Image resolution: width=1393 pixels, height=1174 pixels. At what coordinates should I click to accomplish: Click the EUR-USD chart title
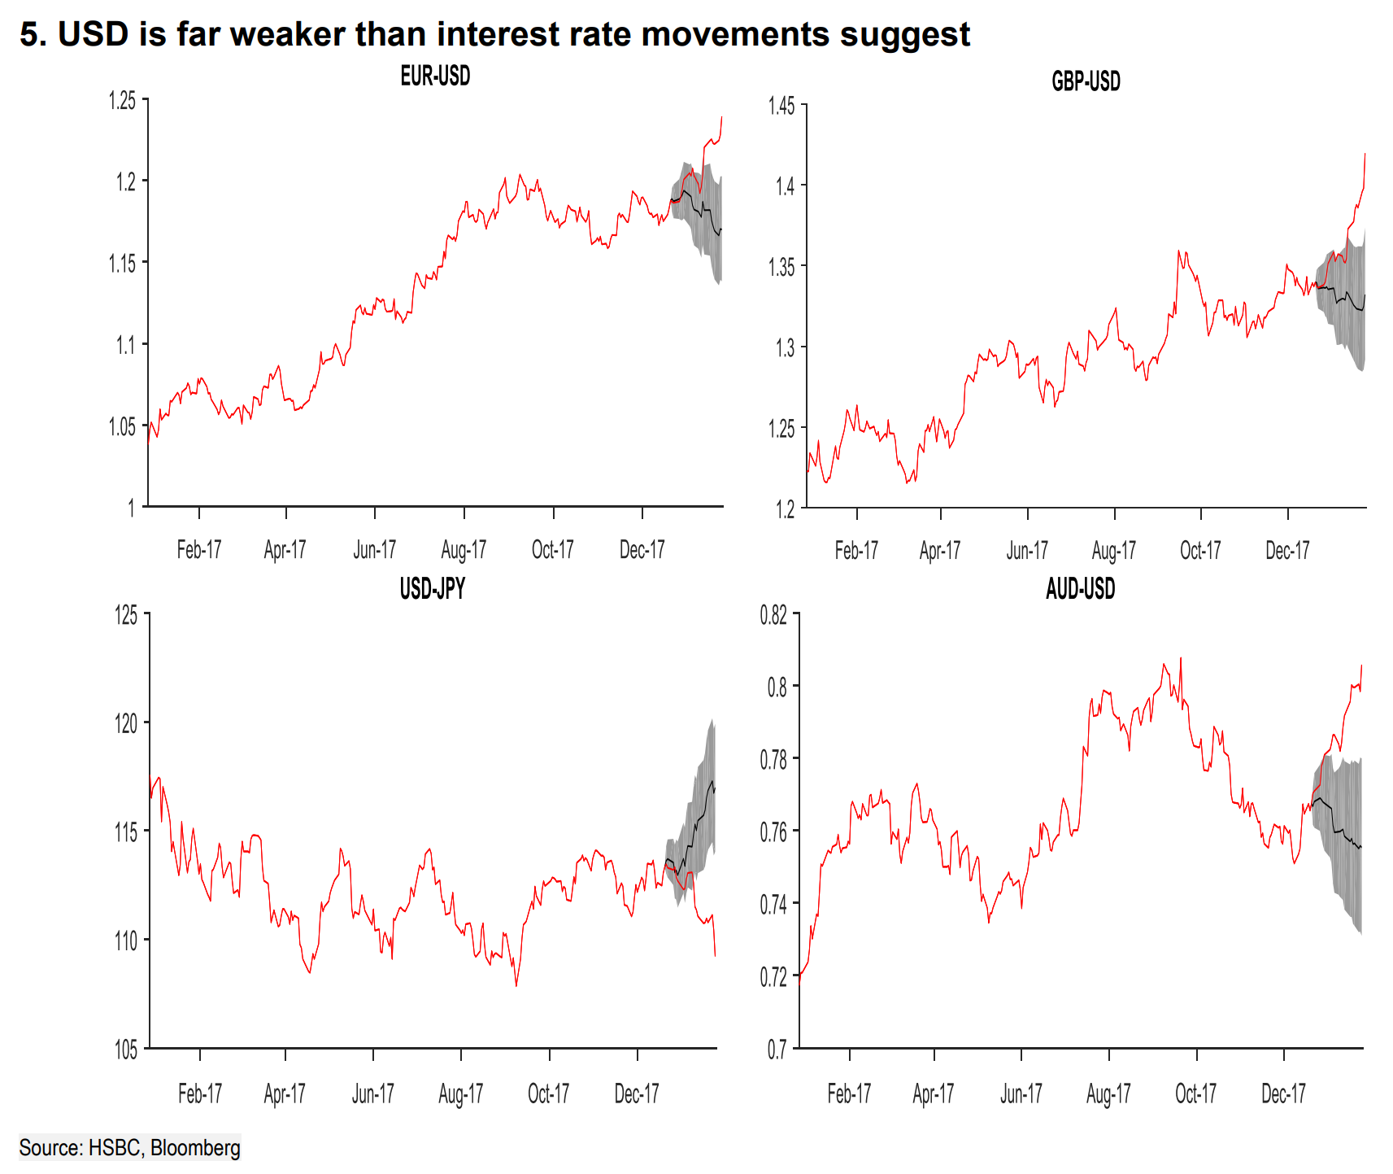click(x=435, y=76)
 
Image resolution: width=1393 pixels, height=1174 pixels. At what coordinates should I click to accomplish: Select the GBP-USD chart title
click(x=1086, y=81)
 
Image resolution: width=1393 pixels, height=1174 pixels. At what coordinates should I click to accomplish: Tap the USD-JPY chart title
click(x=432, y=588)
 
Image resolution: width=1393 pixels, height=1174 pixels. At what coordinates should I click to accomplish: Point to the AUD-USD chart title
click(x=1080, y=588)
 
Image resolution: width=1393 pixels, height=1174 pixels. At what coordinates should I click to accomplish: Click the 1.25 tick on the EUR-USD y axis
click(x=123, y=100)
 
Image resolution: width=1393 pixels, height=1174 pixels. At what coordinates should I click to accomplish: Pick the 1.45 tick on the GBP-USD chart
click(x=781, y=106)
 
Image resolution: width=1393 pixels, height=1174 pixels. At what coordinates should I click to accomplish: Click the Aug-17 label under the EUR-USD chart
click(x=464, y=550)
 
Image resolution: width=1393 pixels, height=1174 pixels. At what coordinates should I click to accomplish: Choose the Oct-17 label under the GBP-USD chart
click(x=1200, y=551)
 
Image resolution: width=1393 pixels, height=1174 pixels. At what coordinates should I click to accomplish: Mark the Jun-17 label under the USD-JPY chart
click(x=372, y=1093)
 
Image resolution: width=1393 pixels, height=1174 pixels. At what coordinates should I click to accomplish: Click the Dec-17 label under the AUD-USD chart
click(x=1283, y=1093)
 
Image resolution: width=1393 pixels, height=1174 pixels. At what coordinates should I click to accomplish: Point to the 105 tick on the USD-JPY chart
click(x=126, y=1050)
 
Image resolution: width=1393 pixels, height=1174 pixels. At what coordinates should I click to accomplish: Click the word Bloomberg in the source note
click(x=195, y=1148)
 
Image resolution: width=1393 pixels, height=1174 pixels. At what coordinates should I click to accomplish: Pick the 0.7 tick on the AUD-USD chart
click(x=777, y=1050)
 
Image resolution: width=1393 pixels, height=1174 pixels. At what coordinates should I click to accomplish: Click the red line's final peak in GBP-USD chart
click(x=1365, y=154)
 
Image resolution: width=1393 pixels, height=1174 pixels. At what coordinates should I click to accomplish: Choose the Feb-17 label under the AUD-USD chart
click(x=849, y=1093)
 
